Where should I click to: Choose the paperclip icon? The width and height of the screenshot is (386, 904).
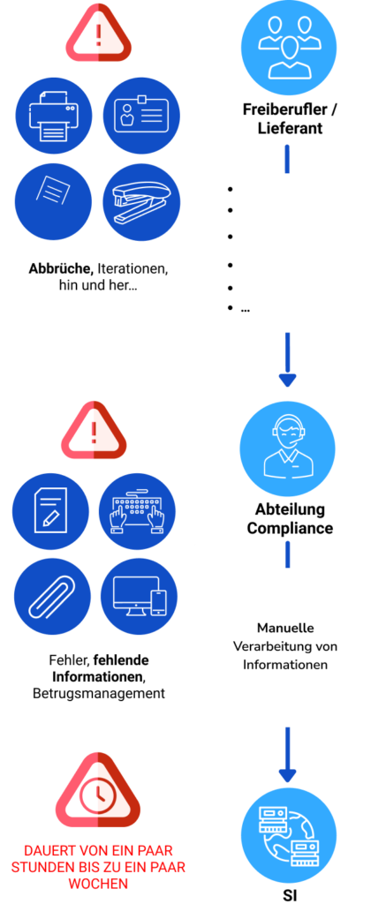pos(52,598)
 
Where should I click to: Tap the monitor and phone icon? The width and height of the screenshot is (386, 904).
pos(139,598)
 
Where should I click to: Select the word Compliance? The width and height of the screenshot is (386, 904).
pos(290,528)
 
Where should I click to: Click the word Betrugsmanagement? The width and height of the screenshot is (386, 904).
pos(99,692)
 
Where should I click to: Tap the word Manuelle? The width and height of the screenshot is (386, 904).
pos(285,628)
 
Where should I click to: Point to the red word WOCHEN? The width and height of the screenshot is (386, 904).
pos(98,883)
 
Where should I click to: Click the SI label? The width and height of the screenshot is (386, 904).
pos(289,896)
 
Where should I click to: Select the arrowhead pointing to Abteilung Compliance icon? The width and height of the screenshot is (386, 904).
pos(287,380)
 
